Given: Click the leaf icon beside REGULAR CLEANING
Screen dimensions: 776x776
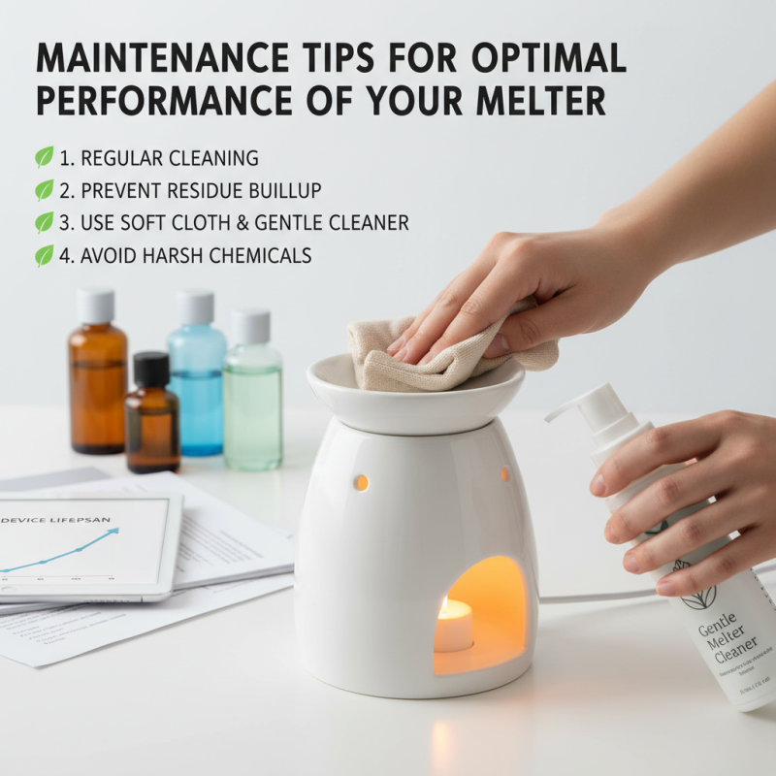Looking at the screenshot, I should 45,157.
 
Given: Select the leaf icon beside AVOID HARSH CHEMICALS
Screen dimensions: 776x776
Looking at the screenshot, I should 45,255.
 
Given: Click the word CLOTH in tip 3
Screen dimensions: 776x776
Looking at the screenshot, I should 208,223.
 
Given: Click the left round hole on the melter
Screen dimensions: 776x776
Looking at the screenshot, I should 361,482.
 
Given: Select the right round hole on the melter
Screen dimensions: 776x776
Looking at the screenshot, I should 504,474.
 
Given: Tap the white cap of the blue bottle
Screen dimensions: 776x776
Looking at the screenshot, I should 197,306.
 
